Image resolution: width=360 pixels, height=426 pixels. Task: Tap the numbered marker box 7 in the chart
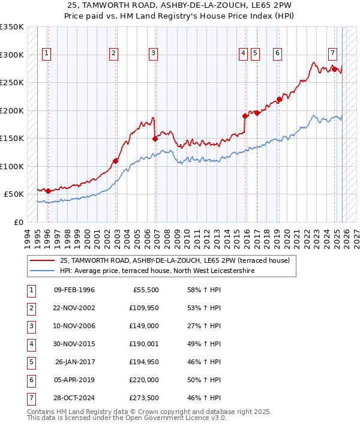point(332,52)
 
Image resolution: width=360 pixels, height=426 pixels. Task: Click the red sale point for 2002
point(116,161)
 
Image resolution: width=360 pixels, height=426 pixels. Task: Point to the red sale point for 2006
point(155,139)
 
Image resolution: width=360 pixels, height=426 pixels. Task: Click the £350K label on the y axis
point(12,27)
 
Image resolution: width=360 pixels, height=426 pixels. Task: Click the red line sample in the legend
point(42,261)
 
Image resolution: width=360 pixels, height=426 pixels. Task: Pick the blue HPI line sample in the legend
point(42,271)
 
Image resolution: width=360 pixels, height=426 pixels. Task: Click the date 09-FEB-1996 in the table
point(74,290)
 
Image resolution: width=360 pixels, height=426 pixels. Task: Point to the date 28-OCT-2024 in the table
point(74,398)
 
